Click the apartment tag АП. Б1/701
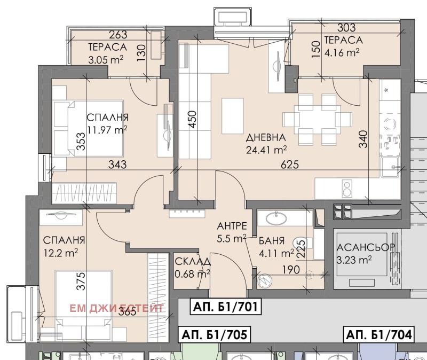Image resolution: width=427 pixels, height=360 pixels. click(x=225, y=307)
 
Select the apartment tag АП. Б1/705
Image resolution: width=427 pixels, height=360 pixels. click(x=215, y=334)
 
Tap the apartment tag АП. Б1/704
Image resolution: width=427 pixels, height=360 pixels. click(x=379, y=334)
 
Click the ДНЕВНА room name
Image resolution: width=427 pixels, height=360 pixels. click(x=266, y=138)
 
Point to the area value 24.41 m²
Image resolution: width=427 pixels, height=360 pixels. click(x=266, y=150)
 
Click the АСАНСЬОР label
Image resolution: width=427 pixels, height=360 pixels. click(x=366, y=247)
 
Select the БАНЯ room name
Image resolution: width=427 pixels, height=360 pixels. click(x=272, y=241)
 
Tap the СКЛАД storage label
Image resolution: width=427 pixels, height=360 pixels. click(x=193, y=261)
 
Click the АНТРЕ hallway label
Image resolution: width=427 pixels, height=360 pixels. click(x=232, y=226)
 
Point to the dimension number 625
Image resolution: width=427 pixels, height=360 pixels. click(x=290, y=165)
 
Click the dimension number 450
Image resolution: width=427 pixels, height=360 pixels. click(x=192, y=119)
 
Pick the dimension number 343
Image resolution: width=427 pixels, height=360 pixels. click(x=117, y=165)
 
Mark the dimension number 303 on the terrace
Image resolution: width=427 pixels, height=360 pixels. click(x=346, y=28)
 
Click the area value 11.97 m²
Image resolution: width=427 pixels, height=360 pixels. click(x=107, y=130)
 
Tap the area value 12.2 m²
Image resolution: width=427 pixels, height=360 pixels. click(x=61, y=253)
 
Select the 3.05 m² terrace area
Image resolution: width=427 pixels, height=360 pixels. click(x=106, y=59)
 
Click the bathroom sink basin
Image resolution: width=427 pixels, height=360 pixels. click(x=276, y=218)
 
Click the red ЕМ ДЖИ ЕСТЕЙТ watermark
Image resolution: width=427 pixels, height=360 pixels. click(x=116, y=309)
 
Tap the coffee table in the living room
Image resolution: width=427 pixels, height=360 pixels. click(x=233, y=116)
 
